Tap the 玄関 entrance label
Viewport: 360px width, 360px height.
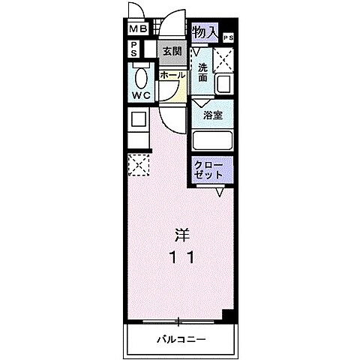coord(172,52)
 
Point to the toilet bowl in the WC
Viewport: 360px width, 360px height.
coord(140,77)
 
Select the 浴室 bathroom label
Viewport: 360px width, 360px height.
coord(212,115)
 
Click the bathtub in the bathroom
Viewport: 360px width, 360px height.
coord(213,141)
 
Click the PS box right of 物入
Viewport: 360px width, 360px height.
coord(227,37)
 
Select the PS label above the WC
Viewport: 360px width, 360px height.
coord(133,49)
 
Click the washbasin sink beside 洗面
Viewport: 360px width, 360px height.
coord(224,85)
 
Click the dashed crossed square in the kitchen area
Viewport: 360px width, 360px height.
coord(139,166)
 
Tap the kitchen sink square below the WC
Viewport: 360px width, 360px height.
coord(137,118)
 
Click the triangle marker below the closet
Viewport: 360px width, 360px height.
coord(220,193)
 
